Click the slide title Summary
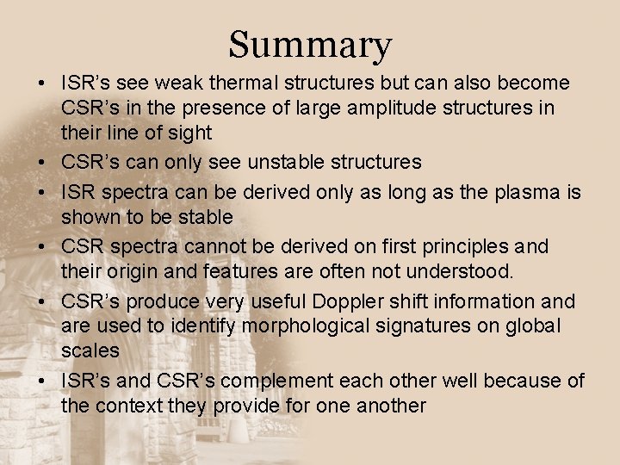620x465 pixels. tap(310, 44)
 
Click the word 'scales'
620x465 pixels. tap(90, 351)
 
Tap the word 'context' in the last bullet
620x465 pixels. tap(127, 406)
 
